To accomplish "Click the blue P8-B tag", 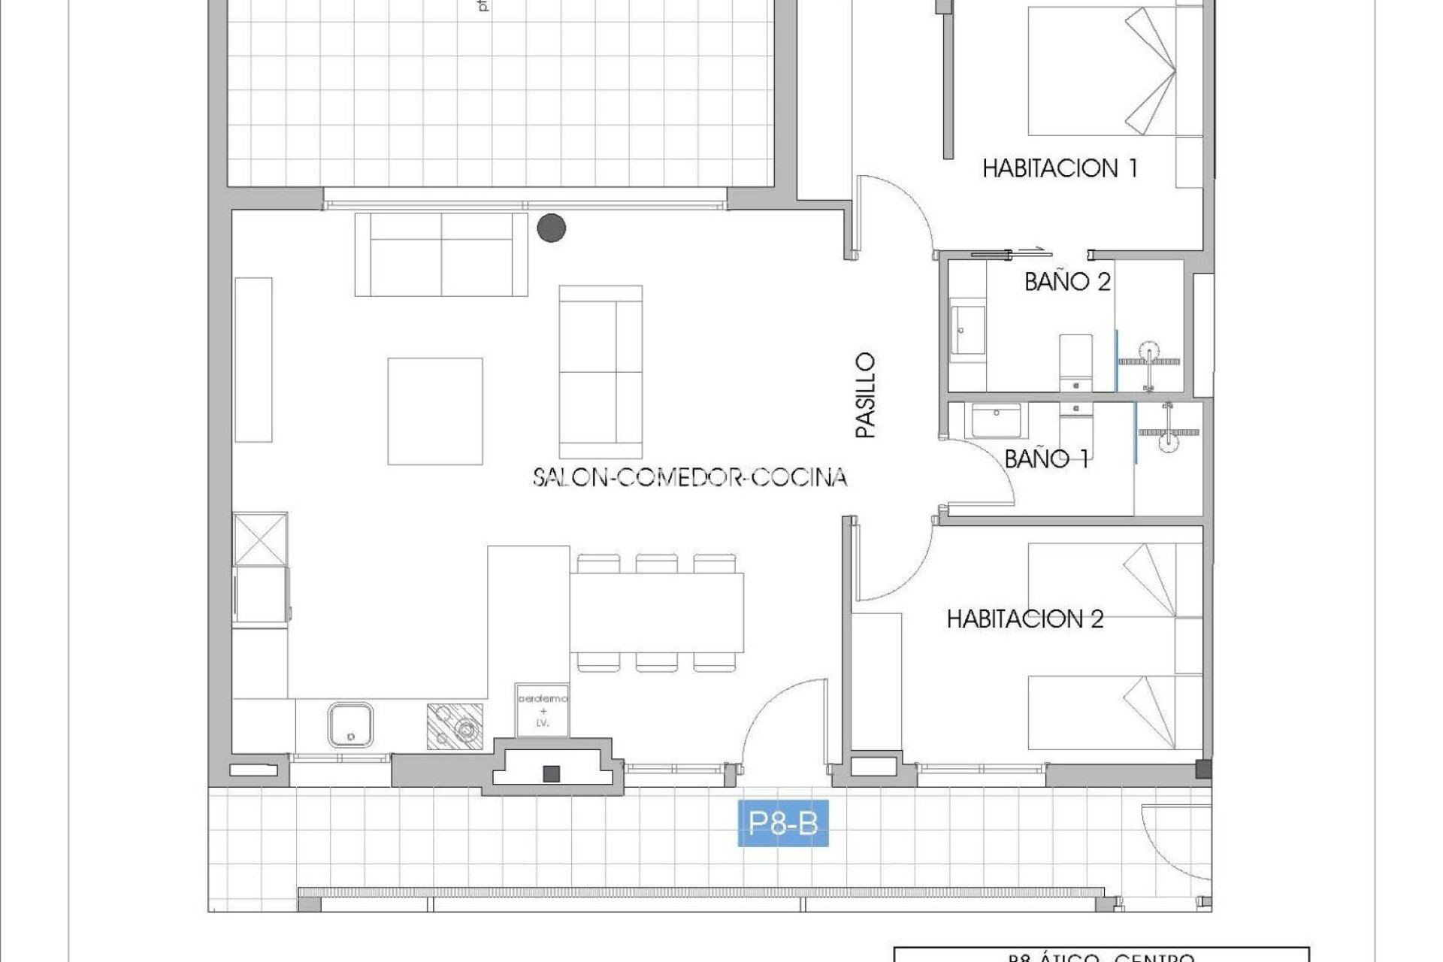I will click(x=782, y=824).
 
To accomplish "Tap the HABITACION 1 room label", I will click(x=1060, y=168).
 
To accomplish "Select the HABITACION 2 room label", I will click(x=1025, y=619).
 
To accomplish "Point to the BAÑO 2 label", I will click(x=1067, y=282).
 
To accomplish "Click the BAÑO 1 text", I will click(x=1046, y=458).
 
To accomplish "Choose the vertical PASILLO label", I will click(x=866, y=395).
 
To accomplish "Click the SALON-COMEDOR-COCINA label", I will click(x=690, y=477).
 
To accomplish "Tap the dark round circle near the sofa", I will click(x=552, y=228).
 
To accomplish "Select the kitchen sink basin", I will click(x=350, y=725).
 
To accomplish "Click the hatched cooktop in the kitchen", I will click(x=455, y=726).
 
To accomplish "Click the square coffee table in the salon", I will click(x=435, y=411).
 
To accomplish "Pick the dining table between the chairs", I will click(x=656, y=613).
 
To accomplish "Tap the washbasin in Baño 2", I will click(x=967, y=329).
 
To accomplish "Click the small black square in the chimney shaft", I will click(x=551, y=773).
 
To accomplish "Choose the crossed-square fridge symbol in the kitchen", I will click(x=260, y=539).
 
